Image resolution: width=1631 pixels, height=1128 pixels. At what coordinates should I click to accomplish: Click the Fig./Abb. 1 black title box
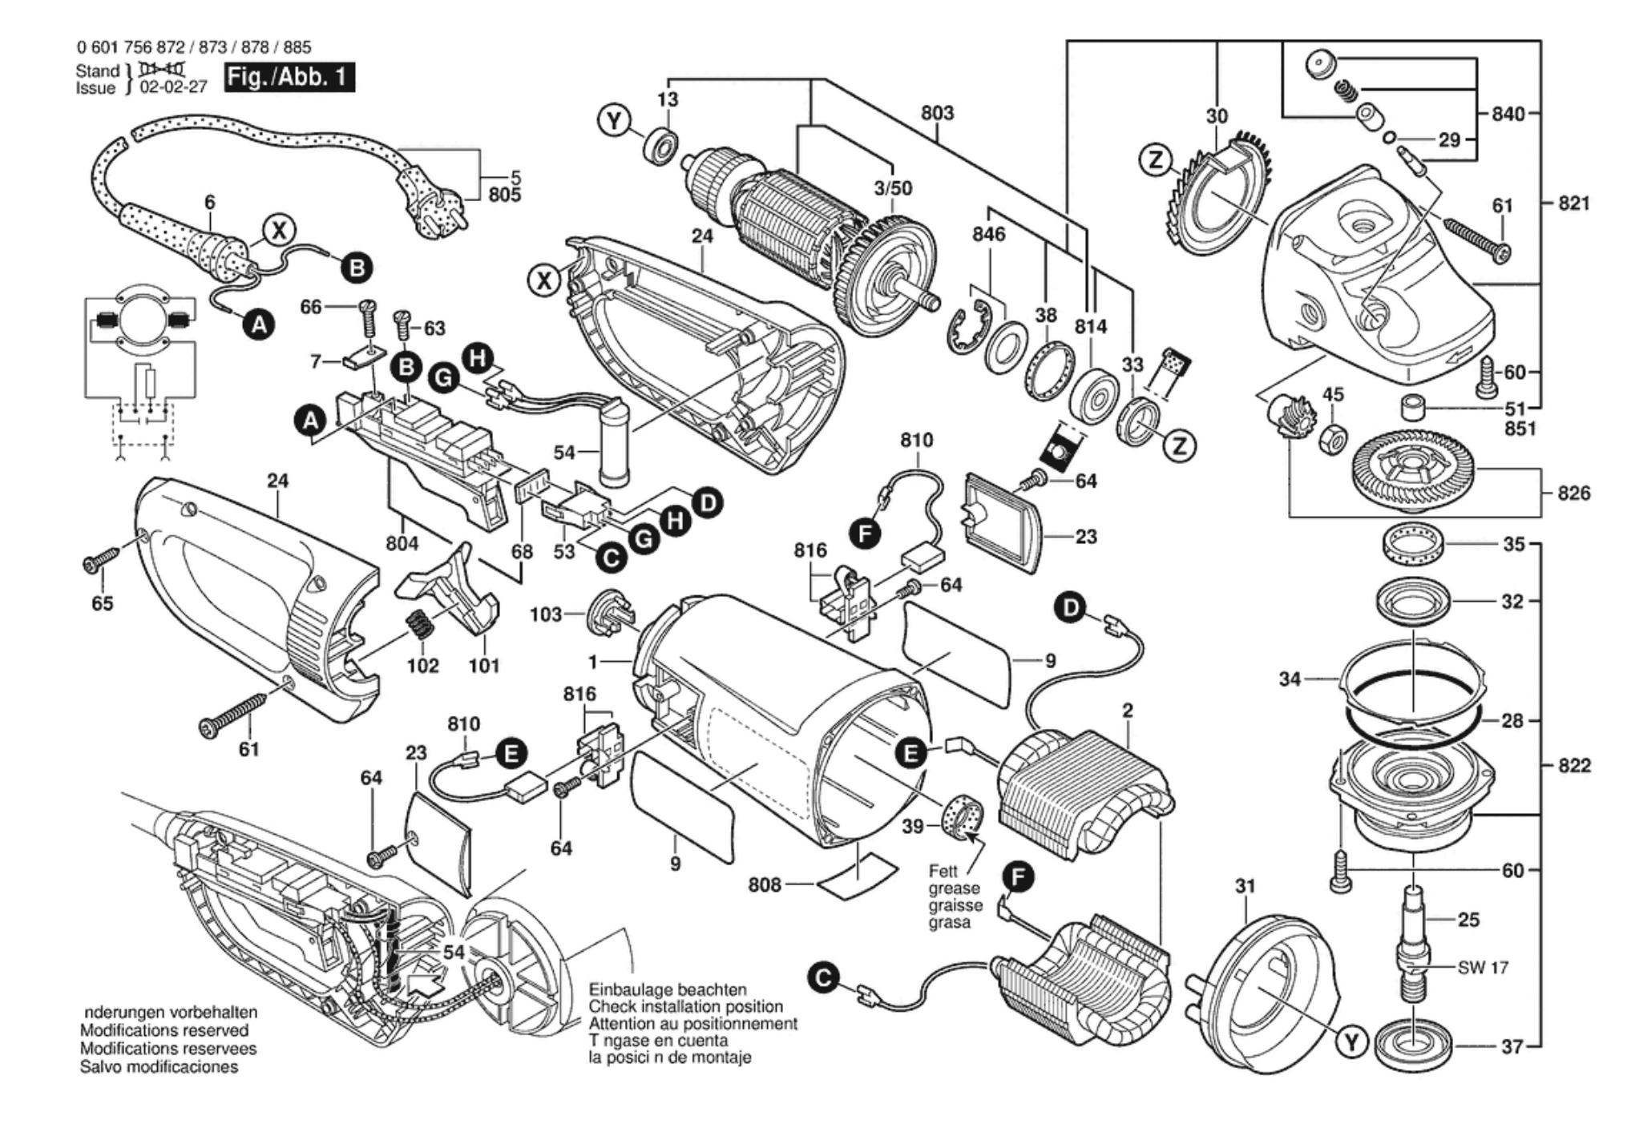coord(289,78)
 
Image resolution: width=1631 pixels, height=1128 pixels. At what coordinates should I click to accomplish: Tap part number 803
coord(937,113)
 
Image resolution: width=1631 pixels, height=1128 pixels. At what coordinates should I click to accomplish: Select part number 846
coord(989,234)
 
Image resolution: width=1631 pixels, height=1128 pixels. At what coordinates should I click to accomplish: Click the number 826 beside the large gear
coord(1573,493)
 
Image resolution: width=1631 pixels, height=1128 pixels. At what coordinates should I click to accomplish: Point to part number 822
coord(1573,765)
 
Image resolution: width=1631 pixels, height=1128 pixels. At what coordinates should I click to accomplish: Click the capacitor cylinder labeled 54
coord(615,442)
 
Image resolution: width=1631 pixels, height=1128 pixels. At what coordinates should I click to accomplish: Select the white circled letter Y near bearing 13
coord(614,122)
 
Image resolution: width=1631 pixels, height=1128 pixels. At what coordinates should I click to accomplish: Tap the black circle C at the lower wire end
coord(823,979)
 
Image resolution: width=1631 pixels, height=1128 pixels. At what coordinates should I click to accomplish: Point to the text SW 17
coord(1483,967)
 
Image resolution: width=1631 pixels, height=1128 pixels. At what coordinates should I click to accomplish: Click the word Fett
coord(943,871)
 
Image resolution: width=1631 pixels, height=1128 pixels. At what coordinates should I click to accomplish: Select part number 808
coord(765,884)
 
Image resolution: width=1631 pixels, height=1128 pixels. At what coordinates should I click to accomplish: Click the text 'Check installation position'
coord(685,1007)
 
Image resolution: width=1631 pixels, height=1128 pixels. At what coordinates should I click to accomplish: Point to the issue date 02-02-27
coord(173,88)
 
